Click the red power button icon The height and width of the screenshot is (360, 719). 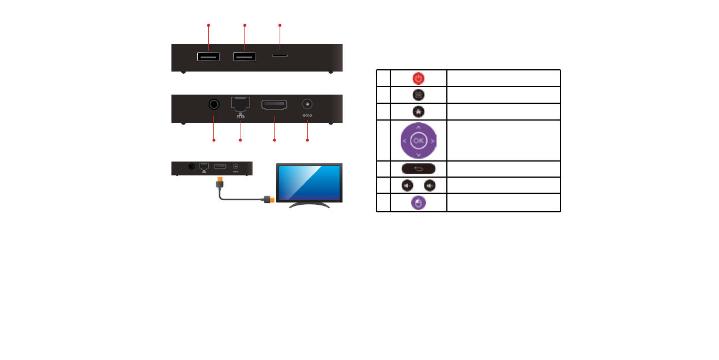tap(418, 78)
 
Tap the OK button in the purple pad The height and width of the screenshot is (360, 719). tap(418, 140)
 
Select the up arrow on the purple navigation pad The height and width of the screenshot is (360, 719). tap(418, 126)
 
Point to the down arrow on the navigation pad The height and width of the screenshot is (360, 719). tap(418, 155)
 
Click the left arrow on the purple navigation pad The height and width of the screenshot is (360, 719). tap(404, 140)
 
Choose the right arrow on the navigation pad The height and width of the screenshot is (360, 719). tap(432, 140)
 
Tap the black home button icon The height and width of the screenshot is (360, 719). tap(418, 111)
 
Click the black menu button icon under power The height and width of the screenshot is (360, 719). tap(418, 95)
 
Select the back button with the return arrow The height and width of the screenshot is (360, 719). tap(418, 169)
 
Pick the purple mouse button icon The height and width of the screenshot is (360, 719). tap(418, 202)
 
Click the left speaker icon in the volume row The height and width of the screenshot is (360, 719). tap(406, 186)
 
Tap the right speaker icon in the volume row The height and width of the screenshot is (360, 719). tap(430, 186)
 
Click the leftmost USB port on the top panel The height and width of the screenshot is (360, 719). tap(208, 57)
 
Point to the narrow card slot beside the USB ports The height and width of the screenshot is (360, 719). tap(280, 57)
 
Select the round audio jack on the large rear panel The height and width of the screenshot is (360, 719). tap(214, 104)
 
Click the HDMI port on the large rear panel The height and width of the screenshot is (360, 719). tap(274, 105)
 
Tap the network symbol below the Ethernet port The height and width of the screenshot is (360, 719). tap(240, 116)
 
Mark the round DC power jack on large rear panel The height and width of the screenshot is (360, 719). tap(307, 104)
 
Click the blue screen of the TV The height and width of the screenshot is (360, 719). tap(309, 182)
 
